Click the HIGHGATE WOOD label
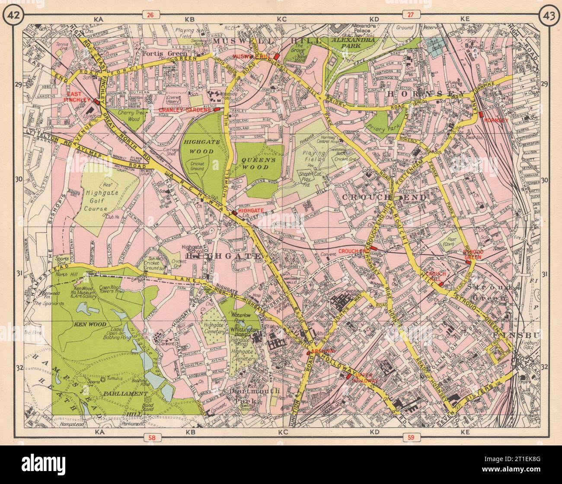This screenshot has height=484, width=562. (198, 146)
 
